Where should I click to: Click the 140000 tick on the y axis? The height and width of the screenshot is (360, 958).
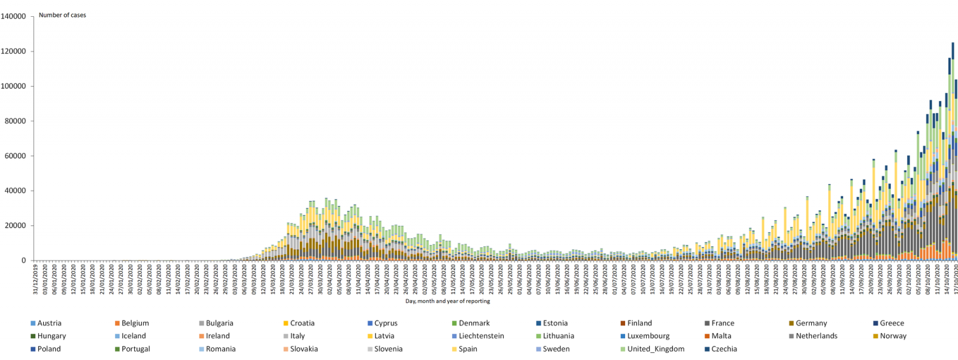pos(13,16)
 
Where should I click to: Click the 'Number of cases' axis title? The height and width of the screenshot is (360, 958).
pos(62,15)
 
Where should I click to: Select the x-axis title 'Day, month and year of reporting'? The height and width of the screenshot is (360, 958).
pos(447,301)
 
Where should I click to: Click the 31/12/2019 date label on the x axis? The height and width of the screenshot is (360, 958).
pos(35,279)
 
